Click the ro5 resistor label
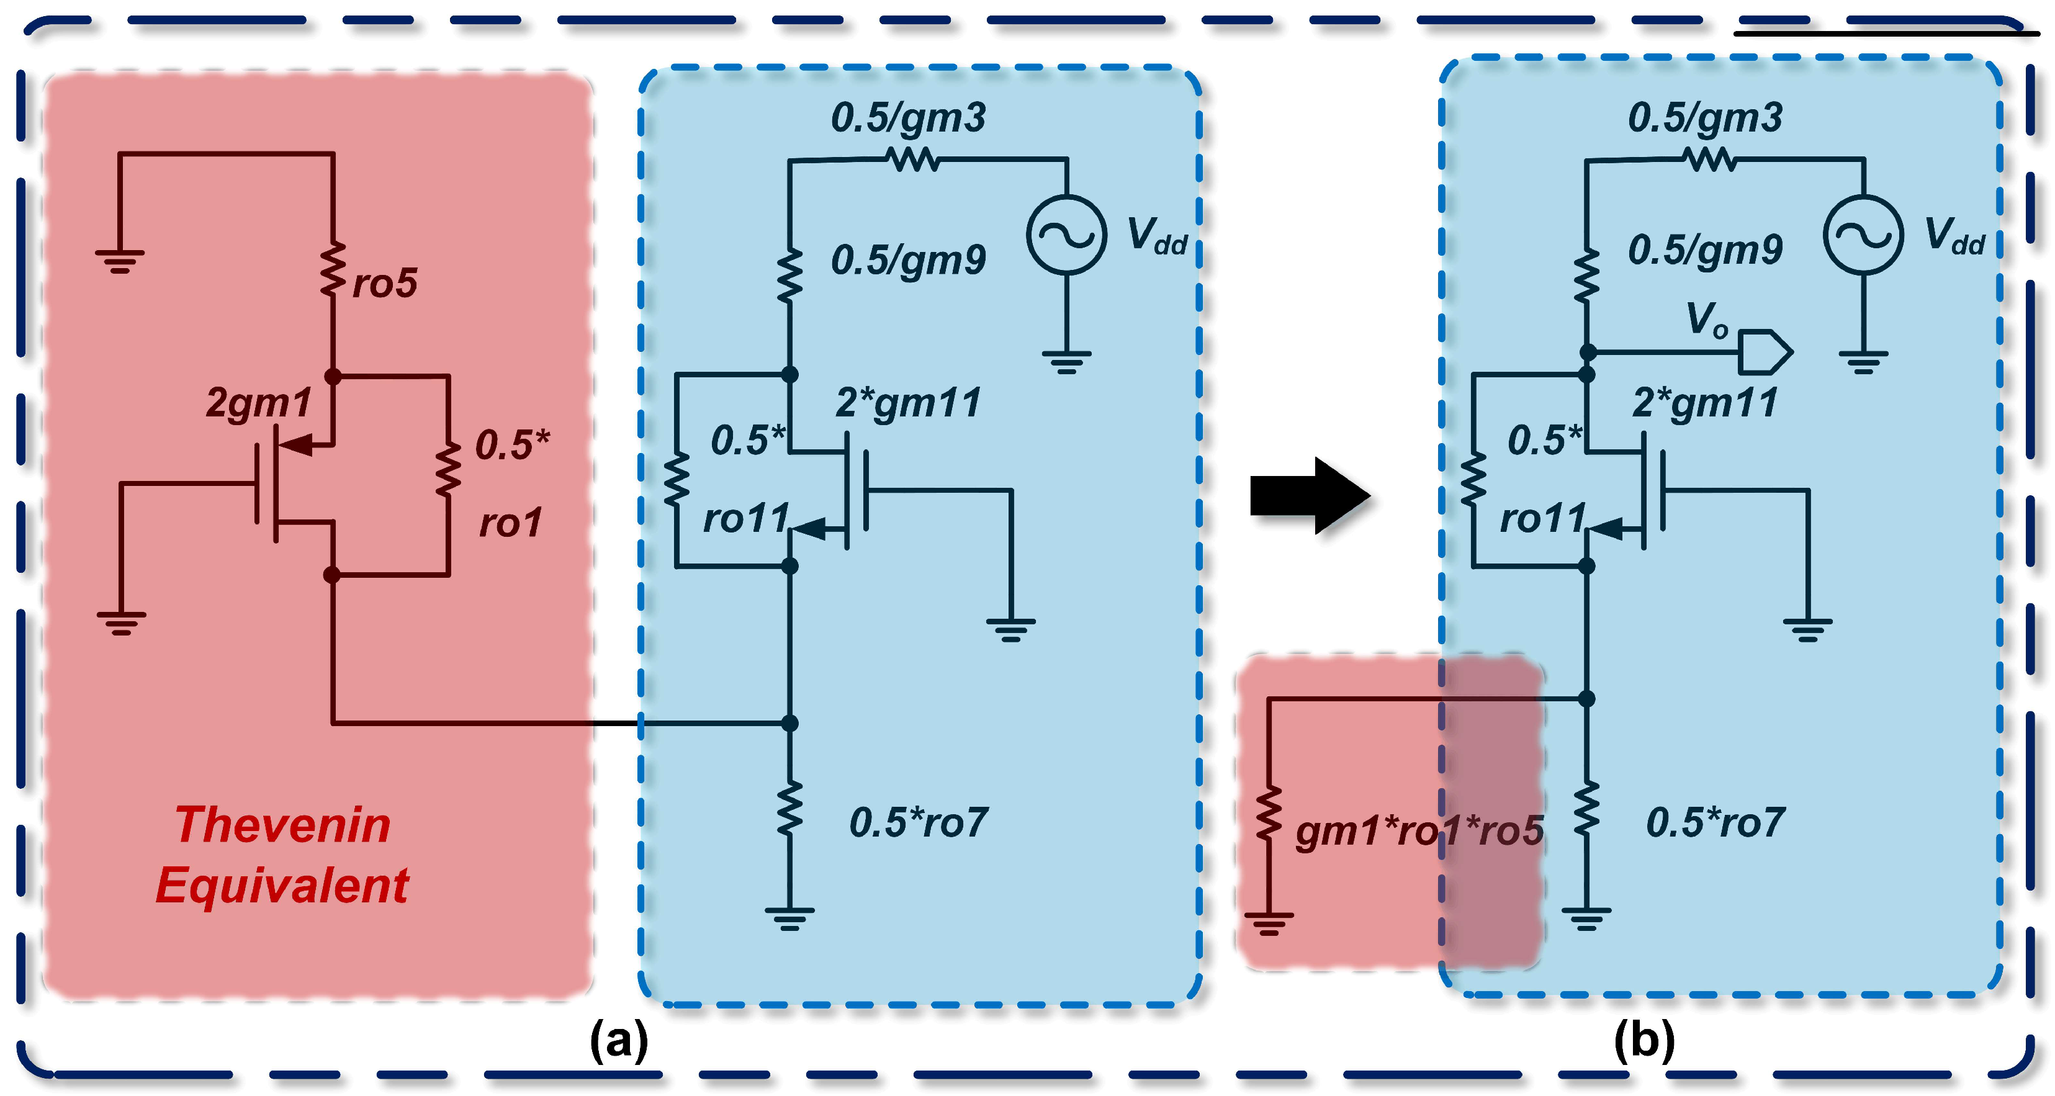tap(385, 284)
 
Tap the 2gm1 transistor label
tap(258, 403)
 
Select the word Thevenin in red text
tap(282, 825)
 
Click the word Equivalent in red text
tap(282, 886)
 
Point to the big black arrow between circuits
tap(1309, 495)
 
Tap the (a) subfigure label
tap(618, 1040)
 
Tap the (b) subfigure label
tap(1644, 1040)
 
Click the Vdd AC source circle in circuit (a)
tap(1066, 235)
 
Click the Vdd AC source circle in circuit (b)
tap(1863, 235)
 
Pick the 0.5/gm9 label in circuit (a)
tap(908, 260)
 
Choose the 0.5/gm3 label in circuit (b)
tap(1705, 118)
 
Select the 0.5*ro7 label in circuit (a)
tap(918, 822)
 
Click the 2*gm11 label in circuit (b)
tap(1705, 403)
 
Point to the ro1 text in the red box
tap(511, 523)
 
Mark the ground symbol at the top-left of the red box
tap(120, 260)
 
